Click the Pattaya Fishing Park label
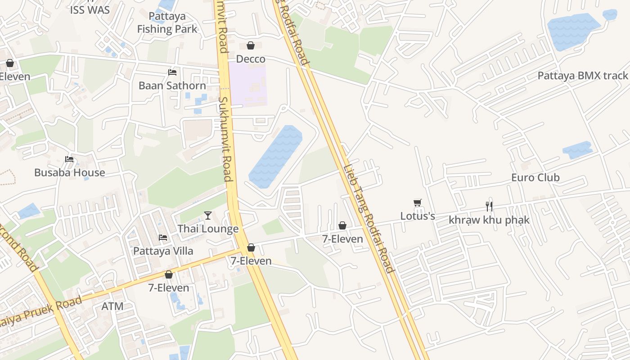167,23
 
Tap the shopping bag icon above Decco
251,45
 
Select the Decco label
251,59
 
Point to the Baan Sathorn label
172,85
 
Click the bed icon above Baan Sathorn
172,72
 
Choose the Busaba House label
70,172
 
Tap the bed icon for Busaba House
69,159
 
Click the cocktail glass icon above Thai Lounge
208,216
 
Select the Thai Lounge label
208,229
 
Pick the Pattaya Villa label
163,251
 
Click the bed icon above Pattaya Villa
163,237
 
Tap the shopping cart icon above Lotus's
418,203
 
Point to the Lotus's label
418,216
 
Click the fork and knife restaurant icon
489,207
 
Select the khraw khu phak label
489,220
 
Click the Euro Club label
535,177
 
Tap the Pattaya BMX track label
583,76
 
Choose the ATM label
112,306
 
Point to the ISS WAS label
90,10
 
